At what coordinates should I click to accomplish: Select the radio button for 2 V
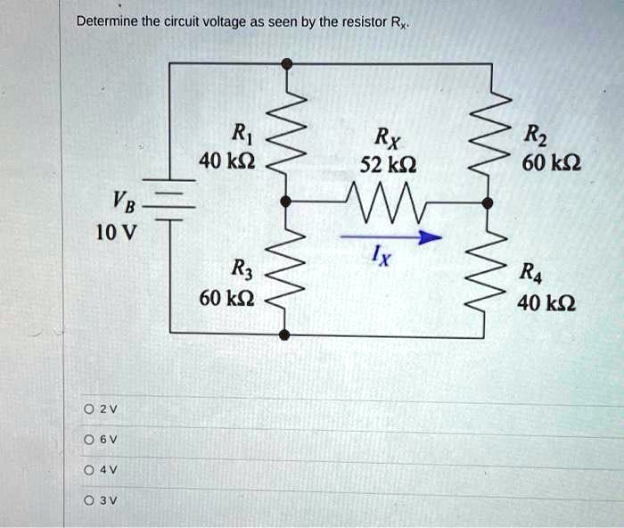[x=89, y=409]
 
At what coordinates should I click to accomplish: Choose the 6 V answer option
[x=89, y=440]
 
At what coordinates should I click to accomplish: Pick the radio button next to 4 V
[x=89, y=470]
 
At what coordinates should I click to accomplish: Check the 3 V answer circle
[x=89, y=500]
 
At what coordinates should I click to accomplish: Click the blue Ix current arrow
[x=391, y=237]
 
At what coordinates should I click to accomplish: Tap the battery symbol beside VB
[x=169, y=200]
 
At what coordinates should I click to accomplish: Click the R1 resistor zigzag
[x=286, y=132]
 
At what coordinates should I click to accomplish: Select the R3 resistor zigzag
[x=286, y=271]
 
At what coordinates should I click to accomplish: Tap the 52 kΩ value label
[x=389, y=165]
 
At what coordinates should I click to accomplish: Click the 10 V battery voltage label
[x=116, y=233]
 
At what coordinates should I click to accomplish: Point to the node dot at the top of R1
[x=286, y=63]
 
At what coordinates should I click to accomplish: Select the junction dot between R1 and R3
[x=286, y=202]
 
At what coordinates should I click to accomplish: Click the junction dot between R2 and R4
[x=488, y=203]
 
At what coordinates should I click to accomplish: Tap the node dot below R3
[x=284, y=334]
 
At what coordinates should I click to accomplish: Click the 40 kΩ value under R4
[x=546, y=303]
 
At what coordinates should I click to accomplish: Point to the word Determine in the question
[x=107, y=21]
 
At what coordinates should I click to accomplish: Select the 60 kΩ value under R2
[x=552, y=163]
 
